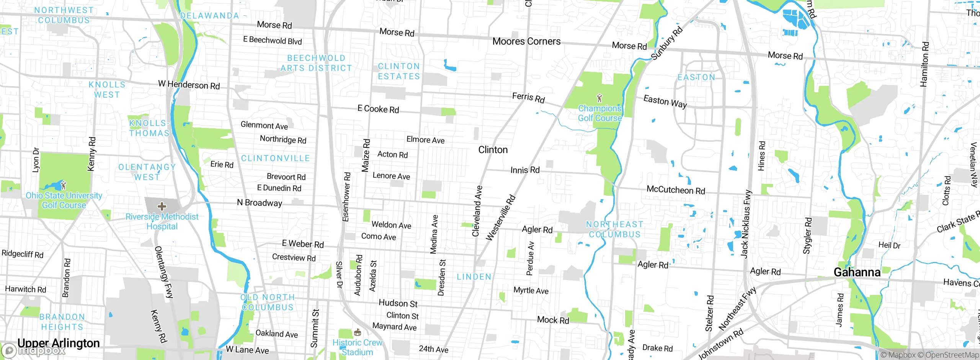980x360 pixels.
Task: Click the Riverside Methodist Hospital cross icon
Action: tap(162, 207)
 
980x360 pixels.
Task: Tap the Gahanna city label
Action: tap(857, 272)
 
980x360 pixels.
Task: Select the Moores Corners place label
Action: tap(526, 41)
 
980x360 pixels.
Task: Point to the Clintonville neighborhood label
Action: tap(275, 158)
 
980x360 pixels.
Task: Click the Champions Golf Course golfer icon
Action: tap(599, 98)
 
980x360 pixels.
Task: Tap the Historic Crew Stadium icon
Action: tap(358, 332)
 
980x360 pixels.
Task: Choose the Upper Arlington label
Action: tap(59, 343)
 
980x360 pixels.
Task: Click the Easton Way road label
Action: tap(665, 101)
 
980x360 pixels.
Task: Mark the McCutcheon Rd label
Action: tap(676, 190)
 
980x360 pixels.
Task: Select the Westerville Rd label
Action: tap(501, 218)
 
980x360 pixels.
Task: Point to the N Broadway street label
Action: tap(260, 203)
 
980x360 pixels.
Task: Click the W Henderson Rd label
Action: tap(189, 85)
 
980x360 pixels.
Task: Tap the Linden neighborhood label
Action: tap(474, 277)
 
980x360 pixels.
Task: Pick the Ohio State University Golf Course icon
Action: tap(64, 185)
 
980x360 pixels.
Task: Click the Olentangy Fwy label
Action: tap(163, 272)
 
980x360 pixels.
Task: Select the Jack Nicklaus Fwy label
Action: tap(745, 224)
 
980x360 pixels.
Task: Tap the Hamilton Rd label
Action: tap(924, 64)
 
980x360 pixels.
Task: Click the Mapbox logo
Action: tap(33, 350)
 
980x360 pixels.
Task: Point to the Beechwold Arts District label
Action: tap(316, 63)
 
